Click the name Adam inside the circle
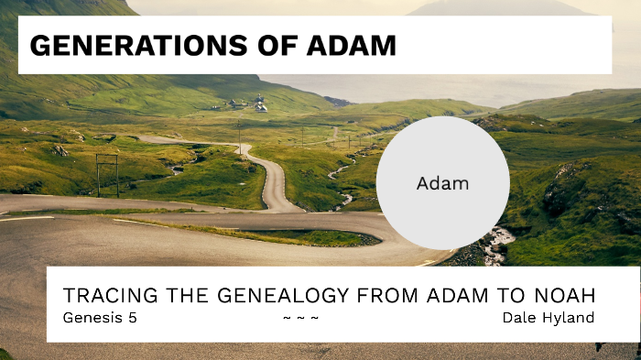point(442,183)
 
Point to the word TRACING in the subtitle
point(106,296)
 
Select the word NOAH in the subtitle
point(558,296)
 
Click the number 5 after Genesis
point(132,318)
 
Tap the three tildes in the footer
point(300,318)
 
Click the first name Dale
point(518,318)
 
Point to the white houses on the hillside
point(260,105)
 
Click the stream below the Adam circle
point(498,243)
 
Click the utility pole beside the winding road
point(239,137)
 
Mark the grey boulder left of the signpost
point(60,149)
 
